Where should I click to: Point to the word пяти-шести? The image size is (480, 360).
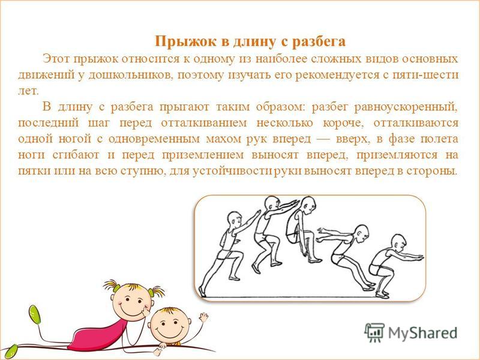click(x=425, y=74)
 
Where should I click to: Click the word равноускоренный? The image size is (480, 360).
click(x=406, y=107)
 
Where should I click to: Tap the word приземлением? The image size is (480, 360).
click(x=203, y=155)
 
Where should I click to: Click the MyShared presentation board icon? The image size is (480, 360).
click(x=374, y=332)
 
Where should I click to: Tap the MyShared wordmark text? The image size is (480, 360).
click(x=423, y=333)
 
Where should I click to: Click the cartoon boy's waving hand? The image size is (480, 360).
click(x=203, y=318)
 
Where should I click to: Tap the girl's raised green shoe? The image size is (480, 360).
click(x=35, y=315)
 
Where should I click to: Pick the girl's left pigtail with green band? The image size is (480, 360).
click(x=110, y=286)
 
